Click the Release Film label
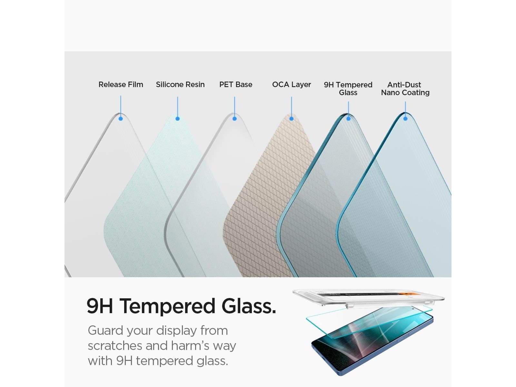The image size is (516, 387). [x=121, y=84]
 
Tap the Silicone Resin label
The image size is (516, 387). [x=180, y=84]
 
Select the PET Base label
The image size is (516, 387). [x=236, y=84]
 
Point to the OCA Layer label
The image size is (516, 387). [x=292, y=84]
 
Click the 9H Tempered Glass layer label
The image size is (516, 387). [x=348, y=89]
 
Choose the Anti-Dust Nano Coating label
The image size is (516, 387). [x=405, y=89]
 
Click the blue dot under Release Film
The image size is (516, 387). [x=121, y=119]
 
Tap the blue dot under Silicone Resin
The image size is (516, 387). [x=177, y=119]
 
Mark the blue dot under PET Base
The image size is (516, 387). [x=234, y=119]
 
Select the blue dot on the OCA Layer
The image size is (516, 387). [x=292, y=119]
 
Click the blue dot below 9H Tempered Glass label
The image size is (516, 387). [x=348, y=119]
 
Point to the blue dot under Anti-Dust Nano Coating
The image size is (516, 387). [x=405, y=119]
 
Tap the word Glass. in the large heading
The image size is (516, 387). [x=249, y=306]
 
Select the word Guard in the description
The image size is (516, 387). [x=105, y=330]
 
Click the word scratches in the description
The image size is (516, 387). [x=115, y=346]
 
